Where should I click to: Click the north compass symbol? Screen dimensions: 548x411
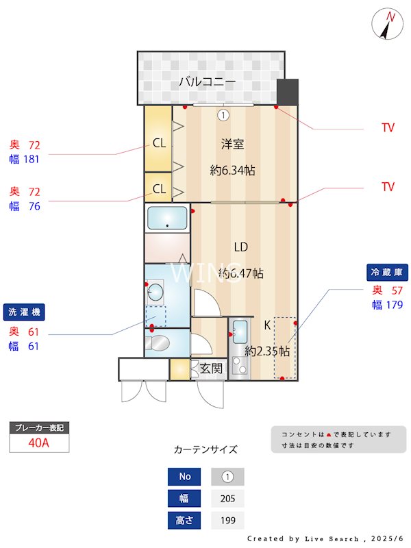pos(388,25)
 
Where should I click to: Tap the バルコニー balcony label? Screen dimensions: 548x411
pos(208,82)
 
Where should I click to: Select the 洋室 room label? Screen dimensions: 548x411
pos(232,144)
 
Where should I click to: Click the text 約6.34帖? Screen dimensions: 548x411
pos(232,171)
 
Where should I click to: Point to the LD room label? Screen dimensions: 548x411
pos(240,247)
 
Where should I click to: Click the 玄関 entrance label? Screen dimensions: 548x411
pos(211,369)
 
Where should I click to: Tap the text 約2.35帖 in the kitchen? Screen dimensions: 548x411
pos(267,351)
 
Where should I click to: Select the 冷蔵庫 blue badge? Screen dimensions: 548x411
pos(388,272)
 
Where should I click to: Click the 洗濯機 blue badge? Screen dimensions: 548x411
pos(23,312)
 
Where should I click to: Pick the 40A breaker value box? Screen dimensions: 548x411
pos(39,443)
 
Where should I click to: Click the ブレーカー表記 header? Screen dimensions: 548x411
pos(39,427)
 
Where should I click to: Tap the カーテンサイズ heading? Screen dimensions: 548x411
pos(206,449)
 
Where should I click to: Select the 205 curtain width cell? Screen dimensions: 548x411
pos(227,499)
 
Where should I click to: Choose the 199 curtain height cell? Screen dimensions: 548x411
pos(227,521)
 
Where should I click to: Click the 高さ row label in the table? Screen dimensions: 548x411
pos(185,521)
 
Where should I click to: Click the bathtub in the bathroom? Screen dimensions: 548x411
pos(167,219)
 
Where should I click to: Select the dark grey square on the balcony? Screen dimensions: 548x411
pos(288,91)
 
